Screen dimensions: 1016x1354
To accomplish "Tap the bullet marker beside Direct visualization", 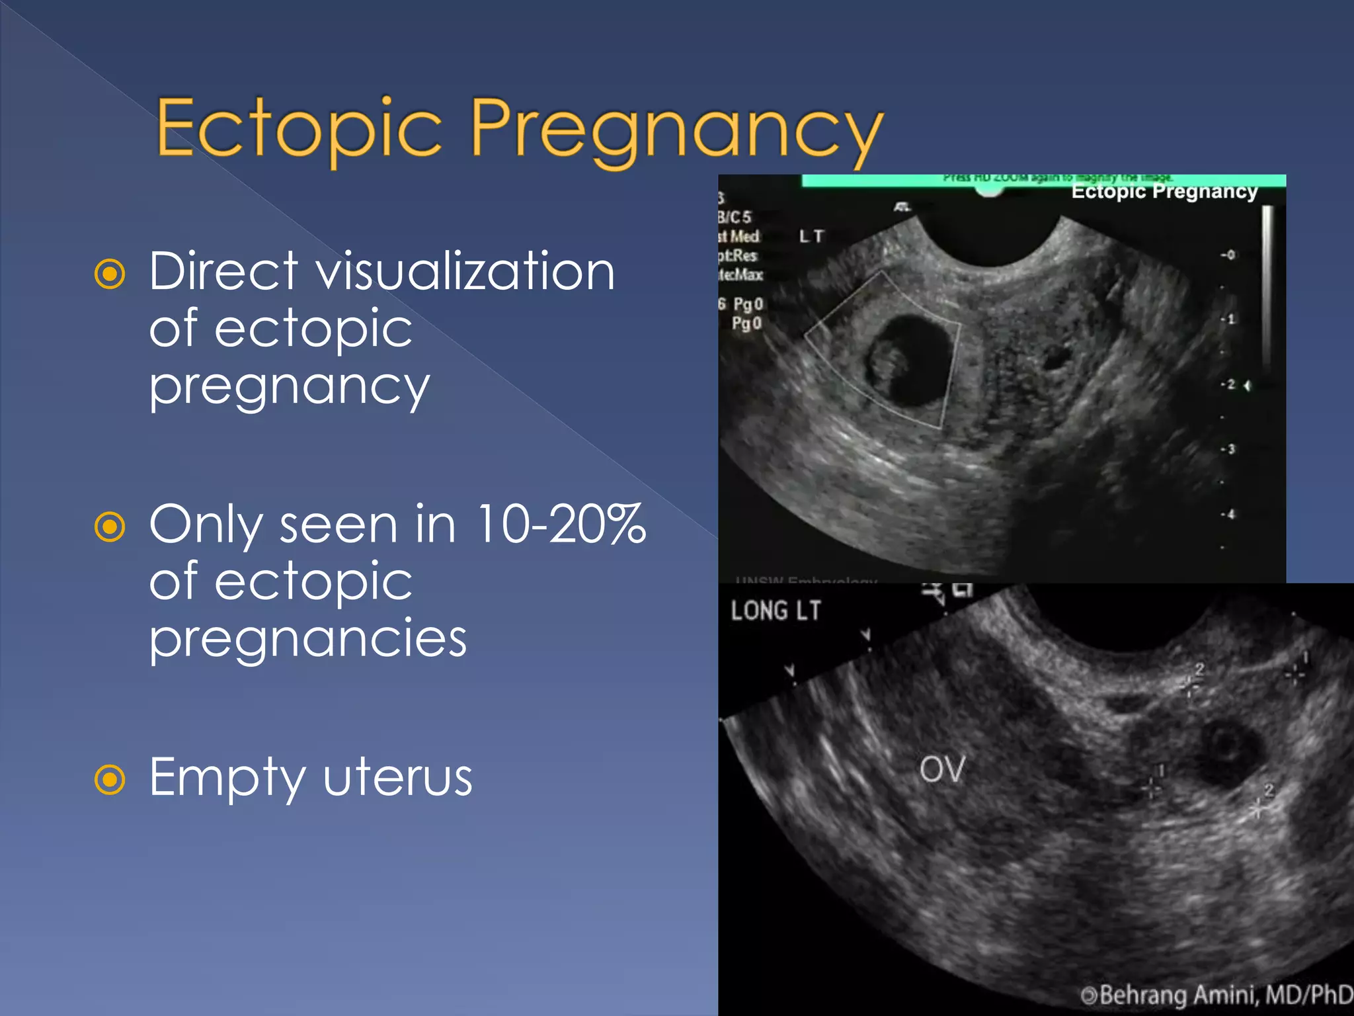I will point(110,274).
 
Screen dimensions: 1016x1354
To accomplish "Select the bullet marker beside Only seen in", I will point(110,527).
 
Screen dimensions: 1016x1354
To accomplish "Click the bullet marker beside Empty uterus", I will point(110,779).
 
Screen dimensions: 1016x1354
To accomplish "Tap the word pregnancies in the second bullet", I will point(308,639).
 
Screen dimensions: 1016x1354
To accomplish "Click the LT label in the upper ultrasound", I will point(811,236).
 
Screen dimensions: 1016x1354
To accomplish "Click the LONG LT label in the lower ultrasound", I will point(776,611).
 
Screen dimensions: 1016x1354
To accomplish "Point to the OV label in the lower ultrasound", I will point(942,769).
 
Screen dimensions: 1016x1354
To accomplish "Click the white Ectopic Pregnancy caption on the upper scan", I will point(1164,192).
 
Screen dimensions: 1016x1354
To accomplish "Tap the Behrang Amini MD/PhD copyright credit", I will point(1216,995).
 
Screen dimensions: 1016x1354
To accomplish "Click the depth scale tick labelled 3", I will point(1228,449).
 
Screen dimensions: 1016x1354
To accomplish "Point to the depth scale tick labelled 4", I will point(1228,514).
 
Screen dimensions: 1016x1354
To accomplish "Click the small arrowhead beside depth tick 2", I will point(1248,385).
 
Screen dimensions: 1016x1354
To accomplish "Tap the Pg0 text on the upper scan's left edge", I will point(747,304).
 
